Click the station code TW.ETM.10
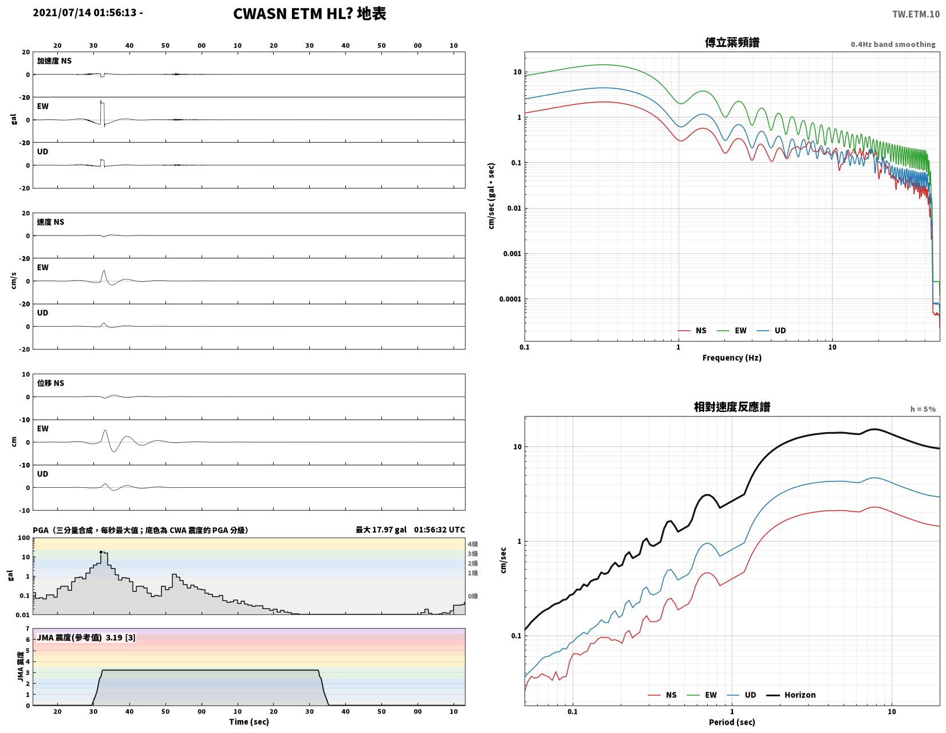[916, 14]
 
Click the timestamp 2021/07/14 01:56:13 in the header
[84, 12]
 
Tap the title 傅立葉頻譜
[732, 42]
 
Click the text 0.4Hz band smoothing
[892, 44]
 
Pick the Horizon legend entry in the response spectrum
[791, 695]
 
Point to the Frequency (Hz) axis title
[731, 358]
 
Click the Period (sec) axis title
[731, 722]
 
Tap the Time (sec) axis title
[249, 722]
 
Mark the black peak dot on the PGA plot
[101, 552]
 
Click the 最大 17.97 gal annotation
[381, 530]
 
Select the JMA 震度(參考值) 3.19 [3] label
[86, 638]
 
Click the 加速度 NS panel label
[54, 61]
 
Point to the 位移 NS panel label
[50, 383]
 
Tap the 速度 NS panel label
[50, 222]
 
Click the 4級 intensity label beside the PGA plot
[473, 543]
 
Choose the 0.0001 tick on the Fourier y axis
[510, 299]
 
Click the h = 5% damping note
[923, 409]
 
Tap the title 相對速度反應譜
[732, 407]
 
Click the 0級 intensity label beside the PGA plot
[473, 596]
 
